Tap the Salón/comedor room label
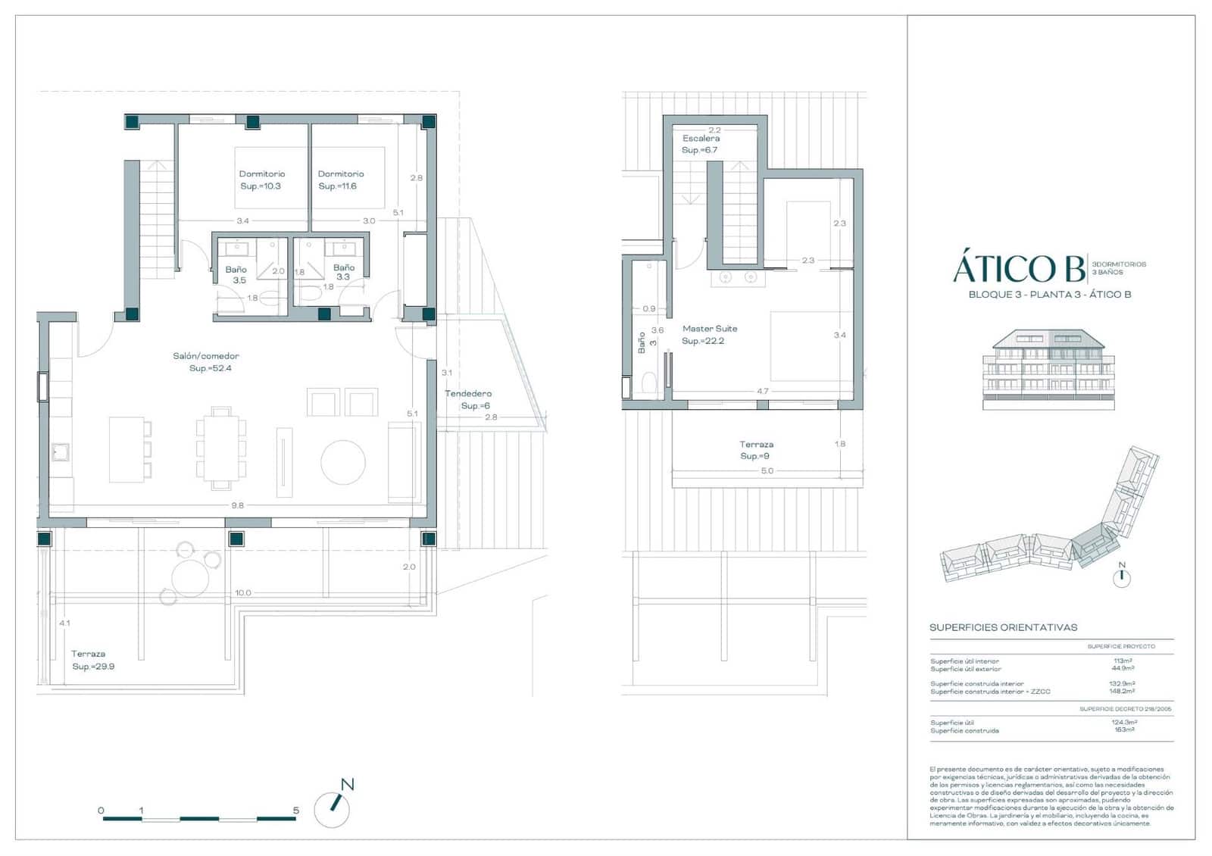[206, 361]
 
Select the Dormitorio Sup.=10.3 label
[261, 180]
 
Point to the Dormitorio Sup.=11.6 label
[340, 180]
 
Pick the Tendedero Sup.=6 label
[469, 399]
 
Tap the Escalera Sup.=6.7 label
[701, 144]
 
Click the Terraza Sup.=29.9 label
[92, 660]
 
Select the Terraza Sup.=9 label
[756, 450]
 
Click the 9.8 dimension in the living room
[238, 505]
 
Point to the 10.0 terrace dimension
[242, 593]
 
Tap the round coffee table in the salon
[343, 462]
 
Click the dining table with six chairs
[221, 448]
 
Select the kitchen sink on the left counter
[61, 452]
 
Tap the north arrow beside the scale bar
[333, 807]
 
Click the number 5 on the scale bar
[295, 810]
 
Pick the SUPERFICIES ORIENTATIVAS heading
[1003, 627]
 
